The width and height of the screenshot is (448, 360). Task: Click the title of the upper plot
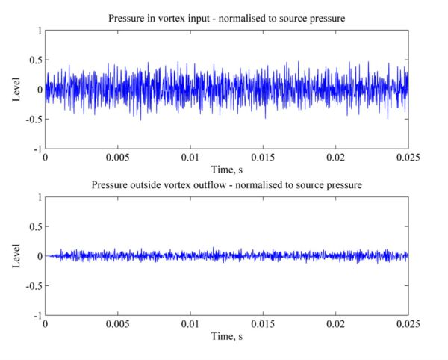tap(226, 18)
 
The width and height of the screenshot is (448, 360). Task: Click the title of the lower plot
tap(226, 184)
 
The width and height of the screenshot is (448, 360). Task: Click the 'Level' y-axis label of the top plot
tap(16, 90)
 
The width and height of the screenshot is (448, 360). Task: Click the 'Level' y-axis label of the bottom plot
tap(16, 256)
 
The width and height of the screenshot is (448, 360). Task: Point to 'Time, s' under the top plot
tap(226, 170)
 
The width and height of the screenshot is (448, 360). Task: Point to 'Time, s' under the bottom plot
tap(226, 337)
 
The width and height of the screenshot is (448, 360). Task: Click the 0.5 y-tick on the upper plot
tap(34, 60)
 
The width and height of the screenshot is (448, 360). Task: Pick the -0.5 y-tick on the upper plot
tap(31, 120)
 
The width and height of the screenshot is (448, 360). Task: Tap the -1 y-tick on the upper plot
tap(35, 149)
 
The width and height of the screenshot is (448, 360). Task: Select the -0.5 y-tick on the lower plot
tap(31, 286)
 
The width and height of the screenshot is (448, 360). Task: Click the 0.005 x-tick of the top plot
tap(118, 158)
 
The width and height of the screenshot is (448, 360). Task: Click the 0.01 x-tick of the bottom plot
tap(190, 325)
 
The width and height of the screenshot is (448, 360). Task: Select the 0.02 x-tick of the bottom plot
tap(336, 325)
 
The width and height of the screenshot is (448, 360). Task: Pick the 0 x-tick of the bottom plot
tap(46, 325)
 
